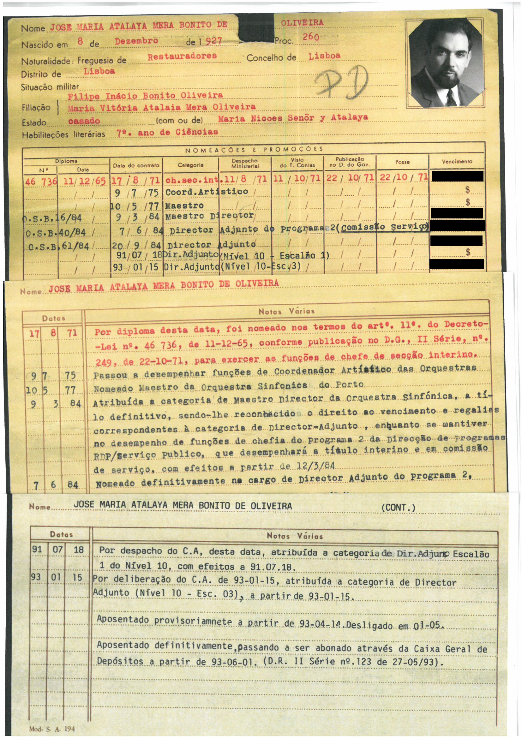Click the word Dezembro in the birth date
(x=136, y=41)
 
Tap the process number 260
(x=310, y=37)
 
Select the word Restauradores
(x=182, y=56)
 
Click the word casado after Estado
(x=84, y=121)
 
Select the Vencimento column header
(x=457, y=161)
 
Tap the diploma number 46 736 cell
(x=40, y=181)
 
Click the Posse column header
(x=402, y=162)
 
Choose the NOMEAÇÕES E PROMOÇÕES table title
(x=254, y=149)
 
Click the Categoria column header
(x=190, y=165)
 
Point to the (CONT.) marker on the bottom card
(x=398, y=508)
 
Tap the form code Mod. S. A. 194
(x=52, y=729)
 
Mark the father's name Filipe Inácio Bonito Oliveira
(x=145, y=96)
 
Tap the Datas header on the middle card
(x=53, y=318)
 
